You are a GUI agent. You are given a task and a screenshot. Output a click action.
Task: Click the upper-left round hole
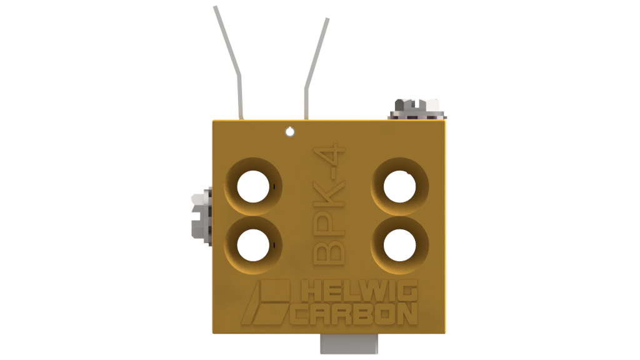point(253,187)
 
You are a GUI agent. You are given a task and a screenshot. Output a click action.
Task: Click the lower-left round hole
point(253,245)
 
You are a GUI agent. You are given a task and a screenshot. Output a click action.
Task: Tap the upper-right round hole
point(399,187)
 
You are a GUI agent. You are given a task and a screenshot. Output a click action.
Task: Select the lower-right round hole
point(399,245)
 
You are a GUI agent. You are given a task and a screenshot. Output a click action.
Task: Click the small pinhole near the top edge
point(290,131)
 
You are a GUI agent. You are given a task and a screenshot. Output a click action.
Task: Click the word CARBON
point(354,314)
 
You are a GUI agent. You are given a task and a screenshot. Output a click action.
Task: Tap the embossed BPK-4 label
point(329,204)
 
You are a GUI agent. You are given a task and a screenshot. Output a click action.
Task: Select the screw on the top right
point(416,109)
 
